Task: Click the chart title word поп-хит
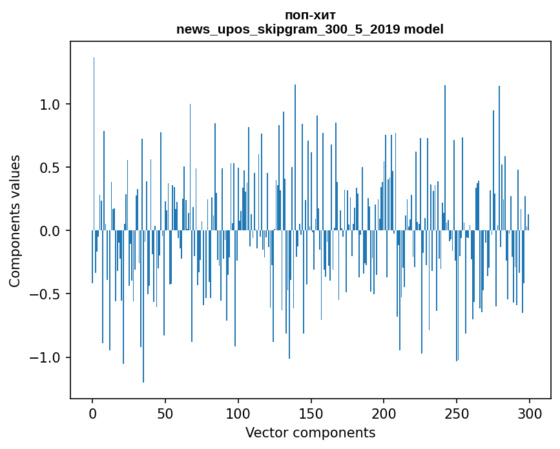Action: coord(310,15)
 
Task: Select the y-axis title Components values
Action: coord(15,221)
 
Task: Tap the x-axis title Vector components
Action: coord(310,432)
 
